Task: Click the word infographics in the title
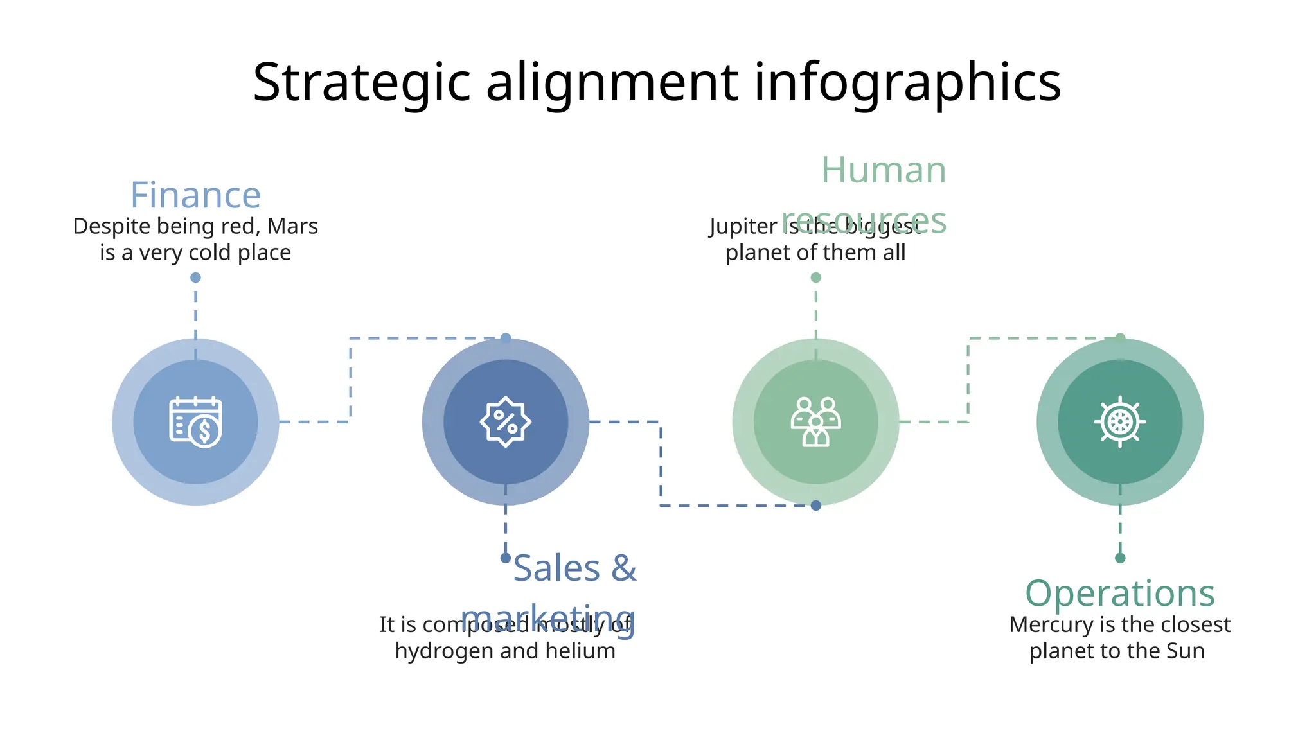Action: (907, 82)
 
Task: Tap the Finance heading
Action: (195, 195)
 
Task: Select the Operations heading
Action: (1119, 593)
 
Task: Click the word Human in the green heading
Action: (884, 170)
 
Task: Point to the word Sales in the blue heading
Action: (556, 568)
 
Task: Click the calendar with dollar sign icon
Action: (195, 422)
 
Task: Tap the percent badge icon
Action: (506, 422)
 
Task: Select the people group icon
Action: (815, 422)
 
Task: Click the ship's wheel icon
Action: (1119, 422)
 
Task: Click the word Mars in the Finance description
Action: (292, 226)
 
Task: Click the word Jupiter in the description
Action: (743, 226)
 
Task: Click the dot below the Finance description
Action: (195, 277)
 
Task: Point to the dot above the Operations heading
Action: (1120, 558)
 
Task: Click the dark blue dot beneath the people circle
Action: (816, 506)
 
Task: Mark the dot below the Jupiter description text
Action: (816, 277)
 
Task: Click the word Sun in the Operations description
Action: (1186, 651)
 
